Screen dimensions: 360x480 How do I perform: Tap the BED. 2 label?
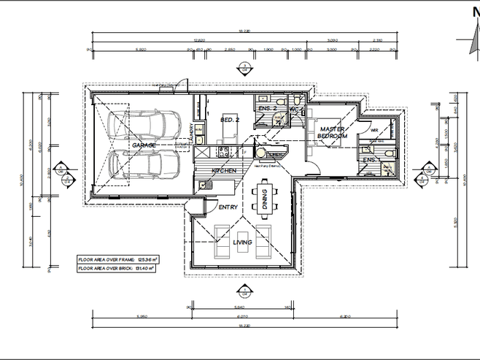229,120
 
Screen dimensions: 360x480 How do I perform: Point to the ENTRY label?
228,207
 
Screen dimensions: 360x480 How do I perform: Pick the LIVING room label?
243,242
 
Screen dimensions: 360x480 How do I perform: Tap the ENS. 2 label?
268,109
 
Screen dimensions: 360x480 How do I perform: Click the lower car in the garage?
148,166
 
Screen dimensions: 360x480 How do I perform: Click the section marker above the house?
241,70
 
